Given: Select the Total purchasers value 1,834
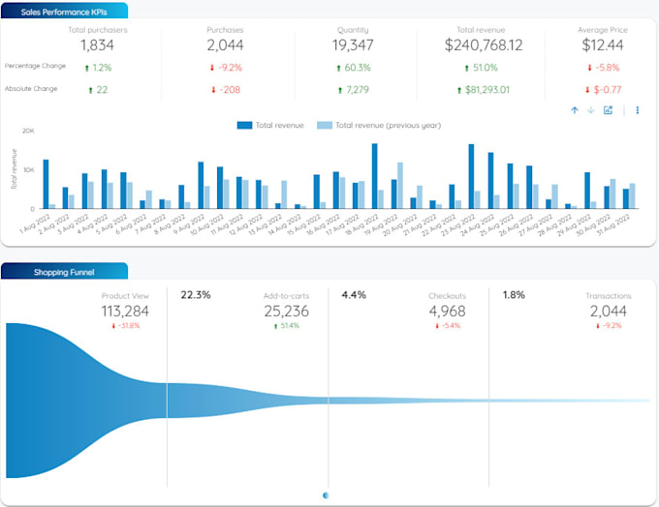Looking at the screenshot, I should (97, 45).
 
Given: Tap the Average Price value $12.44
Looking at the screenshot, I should (602, 45).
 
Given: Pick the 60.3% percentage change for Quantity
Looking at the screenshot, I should (354, 68).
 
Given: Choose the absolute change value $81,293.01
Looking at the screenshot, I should (486, 90).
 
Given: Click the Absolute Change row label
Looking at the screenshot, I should (31, 89).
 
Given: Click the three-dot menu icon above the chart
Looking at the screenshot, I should (638, 110).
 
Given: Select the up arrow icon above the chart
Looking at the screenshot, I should (575, 110).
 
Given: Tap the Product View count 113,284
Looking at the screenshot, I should (125, 311).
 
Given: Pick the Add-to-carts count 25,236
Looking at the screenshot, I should (288, 311).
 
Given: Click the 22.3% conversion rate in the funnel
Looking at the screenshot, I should (196, 295).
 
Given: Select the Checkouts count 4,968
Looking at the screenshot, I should (449, 311).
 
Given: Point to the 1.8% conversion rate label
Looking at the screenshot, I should (515, 295).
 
